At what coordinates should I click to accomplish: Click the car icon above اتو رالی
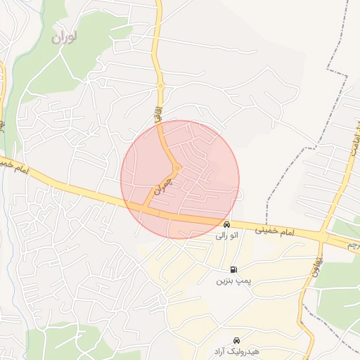[x=226, y=225]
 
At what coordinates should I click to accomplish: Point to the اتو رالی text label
[x=226, y=236]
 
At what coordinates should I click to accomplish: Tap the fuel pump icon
[x=233, y=270]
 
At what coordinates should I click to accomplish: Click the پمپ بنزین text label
[x=233, y=281]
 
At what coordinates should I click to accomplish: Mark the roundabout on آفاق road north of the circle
[x=161, y=86]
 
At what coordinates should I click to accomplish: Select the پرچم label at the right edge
[x=354, y=245]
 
